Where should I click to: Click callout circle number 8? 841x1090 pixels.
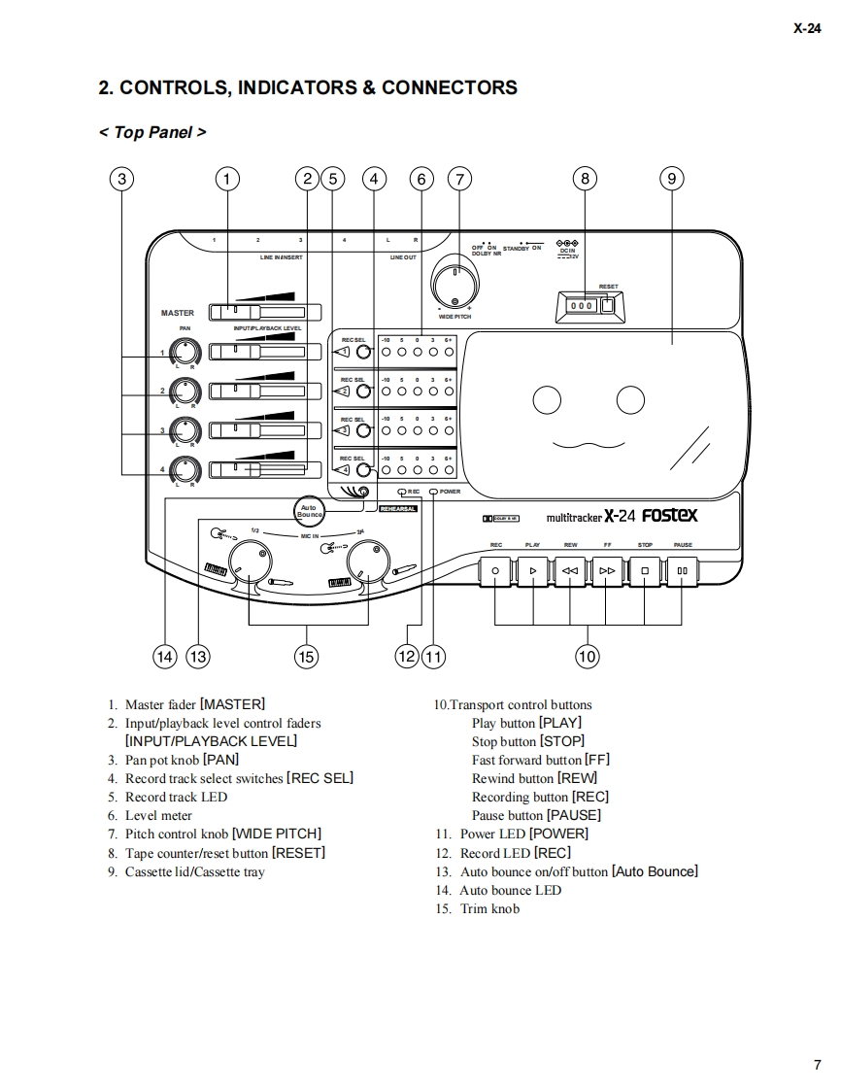click(x=585, y=178)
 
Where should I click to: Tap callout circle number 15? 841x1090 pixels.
click(x=306, y=657)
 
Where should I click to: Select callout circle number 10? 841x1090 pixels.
click(x=588, y=657)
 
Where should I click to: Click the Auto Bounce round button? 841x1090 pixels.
click(x=309, y=510)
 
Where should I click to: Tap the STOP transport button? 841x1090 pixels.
click(x=645, y=570)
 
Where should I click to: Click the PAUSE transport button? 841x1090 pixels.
click(x=683, y=570)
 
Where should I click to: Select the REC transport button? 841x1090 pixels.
click(x=495, y=570)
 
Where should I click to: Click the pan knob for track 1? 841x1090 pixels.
click(x=184, y=353)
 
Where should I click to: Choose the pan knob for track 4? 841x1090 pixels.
click(x=184, y=470)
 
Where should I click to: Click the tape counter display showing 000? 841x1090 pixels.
click(x=582, y=305)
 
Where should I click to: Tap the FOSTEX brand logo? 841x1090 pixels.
click(x=669, y=516)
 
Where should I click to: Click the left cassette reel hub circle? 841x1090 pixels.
click(x=548, y=398)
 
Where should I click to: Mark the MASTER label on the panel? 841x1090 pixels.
click(x=178, y=313)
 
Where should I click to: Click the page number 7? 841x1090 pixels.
click(x=817, y=1064)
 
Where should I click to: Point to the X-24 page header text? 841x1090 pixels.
click(x=807, y=29)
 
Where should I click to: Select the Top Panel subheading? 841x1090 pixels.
click(x=152, y=132)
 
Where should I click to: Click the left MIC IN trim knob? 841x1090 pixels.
click(x=250, y=561)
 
